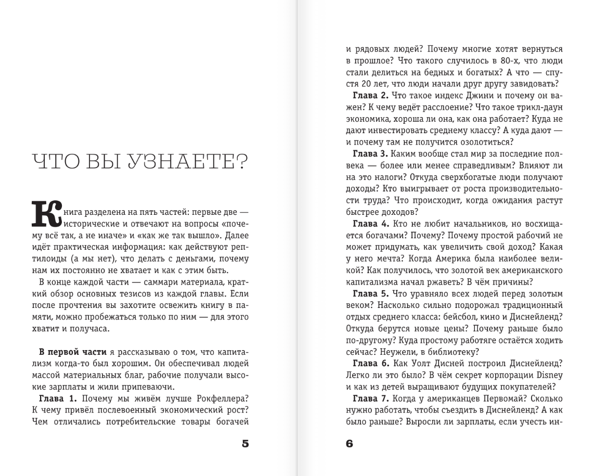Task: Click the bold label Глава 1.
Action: tap(58, 398)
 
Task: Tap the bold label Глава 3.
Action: tap(371, 154)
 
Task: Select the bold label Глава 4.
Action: tap(371, 224)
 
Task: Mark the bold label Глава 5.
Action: tap(371, 293)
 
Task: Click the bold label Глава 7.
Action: tap(371, 398)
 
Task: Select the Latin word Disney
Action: tap(548, 375)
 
